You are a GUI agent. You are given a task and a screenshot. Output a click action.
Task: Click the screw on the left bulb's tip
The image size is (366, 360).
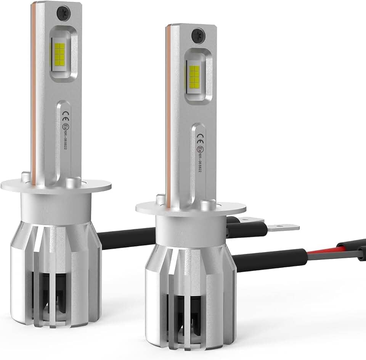point(62,14)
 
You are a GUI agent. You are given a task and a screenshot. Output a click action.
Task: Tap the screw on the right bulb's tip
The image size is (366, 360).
point(197,36)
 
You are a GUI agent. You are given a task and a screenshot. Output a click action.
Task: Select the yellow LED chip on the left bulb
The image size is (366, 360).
point(60,54)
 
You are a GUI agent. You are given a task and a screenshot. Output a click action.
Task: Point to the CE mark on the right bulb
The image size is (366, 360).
point(200,135)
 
